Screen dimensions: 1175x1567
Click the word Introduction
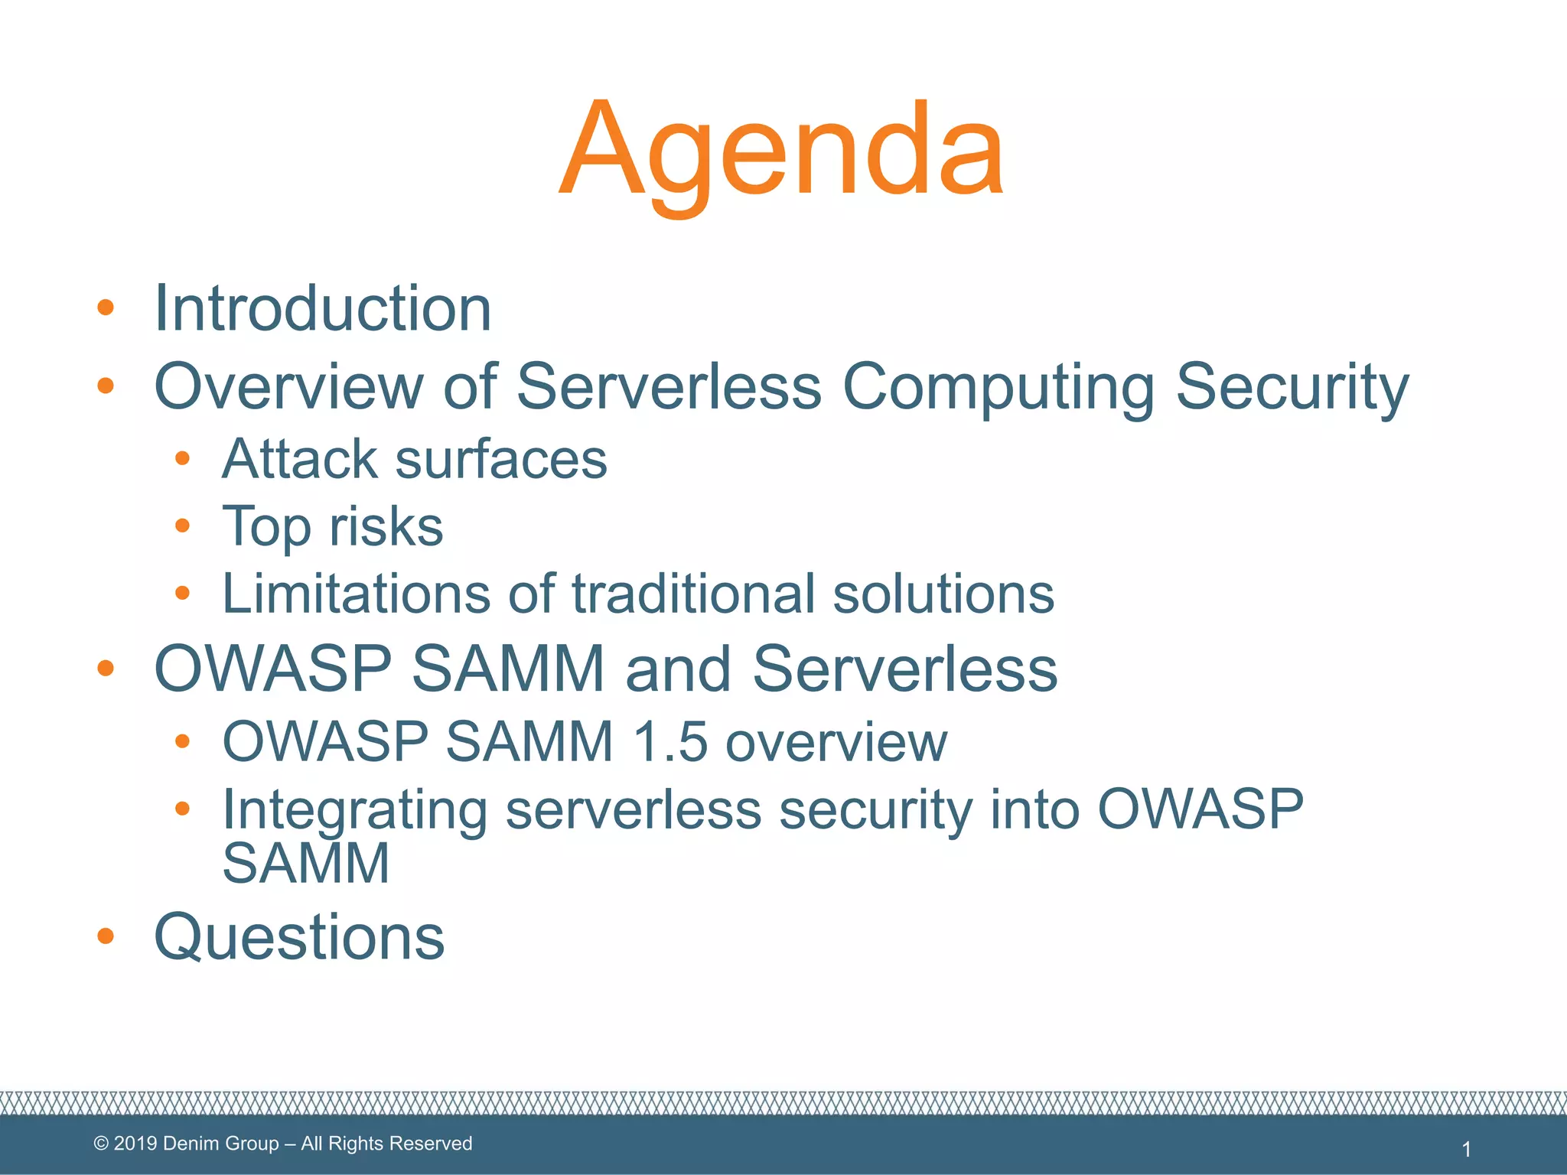(x=322, y=308)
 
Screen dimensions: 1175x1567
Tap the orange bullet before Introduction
(x=106, y=308)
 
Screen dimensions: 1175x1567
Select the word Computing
(x=998, y=386)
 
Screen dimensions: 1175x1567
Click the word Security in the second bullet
(x=1292, y=386)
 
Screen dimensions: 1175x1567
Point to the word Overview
(x=288, y=386)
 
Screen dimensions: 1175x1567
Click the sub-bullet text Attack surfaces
(x=414, y=459)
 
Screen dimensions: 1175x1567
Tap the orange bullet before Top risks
(x=182, y=526)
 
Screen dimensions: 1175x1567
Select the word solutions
(x=943, y=594)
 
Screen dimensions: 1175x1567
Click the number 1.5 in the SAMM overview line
(x=670, y=741)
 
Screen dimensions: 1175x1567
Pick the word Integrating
(x=355, y=809)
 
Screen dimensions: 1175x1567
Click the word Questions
(x=299, y=937)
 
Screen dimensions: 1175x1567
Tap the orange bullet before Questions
(x=106, y=936)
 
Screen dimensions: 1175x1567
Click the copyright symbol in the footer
(x=101, y=1144)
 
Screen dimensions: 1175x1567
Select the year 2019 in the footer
(x=135, y=1144)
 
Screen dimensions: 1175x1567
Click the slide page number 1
(x=1466, y=1149)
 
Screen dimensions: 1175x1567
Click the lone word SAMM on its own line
(x=306, y=863)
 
